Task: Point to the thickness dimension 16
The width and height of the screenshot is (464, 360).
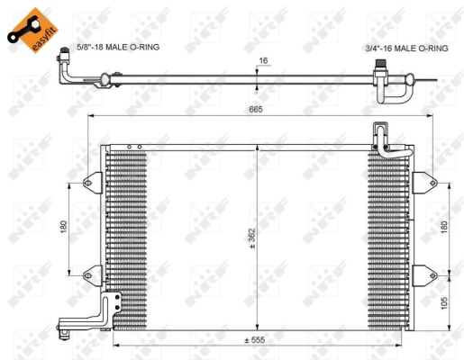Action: pyautogui.click(x=263, y=61)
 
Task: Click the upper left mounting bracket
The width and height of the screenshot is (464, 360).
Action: pyautogui.click(x=92, y=183)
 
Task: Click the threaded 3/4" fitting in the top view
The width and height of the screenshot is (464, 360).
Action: pyautogui.click(x=384, y=67)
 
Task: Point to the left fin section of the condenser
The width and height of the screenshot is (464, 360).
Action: pyautogui.click(x=126, y=234)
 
